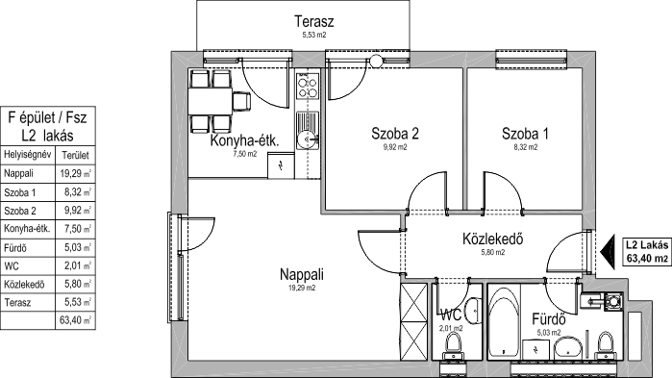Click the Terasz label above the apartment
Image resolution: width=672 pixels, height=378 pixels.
(x=313, y=21)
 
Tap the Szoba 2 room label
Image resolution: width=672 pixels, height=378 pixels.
(x=395, y=134)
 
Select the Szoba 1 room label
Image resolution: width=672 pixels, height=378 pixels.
(x=525, y=134)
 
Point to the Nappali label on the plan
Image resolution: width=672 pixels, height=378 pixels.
(x=301, y=274)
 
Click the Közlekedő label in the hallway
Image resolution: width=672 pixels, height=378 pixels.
(x=492, y=239)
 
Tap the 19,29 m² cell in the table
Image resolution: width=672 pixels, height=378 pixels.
(x=75, y=173)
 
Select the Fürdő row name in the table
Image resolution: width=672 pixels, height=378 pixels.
(x=15, y=248)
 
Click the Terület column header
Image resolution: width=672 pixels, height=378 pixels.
(x=75, y=155)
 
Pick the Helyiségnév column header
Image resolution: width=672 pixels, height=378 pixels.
(x=28, y=154)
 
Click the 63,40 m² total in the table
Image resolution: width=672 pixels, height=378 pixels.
(x=75, y=320)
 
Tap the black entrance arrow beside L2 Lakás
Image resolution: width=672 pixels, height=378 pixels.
(x=607, y=252)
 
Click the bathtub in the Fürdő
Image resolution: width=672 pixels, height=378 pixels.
(x=504, y=321)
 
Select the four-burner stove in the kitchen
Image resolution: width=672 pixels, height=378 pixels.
(x=308, y=87)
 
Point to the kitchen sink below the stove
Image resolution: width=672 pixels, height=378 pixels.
(x=308, y=130)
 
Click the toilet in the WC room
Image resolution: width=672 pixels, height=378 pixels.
(x=453, y=346)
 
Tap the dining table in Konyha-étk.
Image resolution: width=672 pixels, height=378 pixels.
(x=210, y=101)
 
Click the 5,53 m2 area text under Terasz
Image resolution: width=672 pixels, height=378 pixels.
(x=314, y=36)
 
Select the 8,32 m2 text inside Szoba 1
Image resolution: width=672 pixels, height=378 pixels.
(x=526, y=147)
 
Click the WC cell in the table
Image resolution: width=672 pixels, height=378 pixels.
(x=12, y=266)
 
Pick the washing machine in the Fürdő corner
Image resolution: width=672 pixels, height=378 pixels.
(x=614, y=301)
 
